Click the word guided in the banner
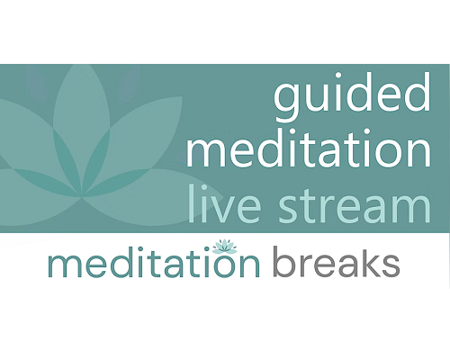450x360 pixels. pyautogui.click(x=352, y=96)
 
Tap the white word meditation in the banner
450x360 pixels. pyautogui.click(x=309, y=148)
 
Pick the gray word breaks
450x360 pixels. pyautogui.click(x=337, y=261)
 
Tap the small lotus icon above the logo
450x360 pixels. pyautogui.click(x=224, y=247)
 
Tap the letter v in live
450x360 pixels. pyautogui.click(x=220, y=208)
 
